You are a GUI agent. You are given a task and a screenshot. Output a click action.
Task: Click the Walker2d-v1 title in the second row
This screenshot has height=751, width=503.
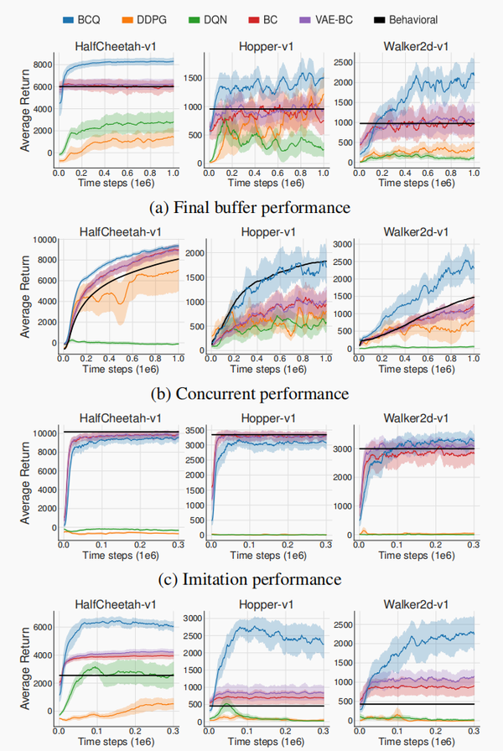[411, 231]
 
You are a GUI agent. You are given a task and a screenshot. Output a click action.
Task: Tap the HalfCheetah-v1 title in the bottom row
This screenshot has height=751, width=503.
[117, 603]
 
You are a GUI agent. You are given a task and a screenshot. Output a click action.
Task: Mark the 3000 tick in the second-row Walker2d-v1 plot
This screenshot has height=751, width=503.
[341, 243]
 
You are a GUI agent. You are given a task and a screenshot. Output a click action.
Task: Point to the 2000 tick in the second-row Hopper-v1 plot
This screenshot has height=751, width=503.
[194, 253]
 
